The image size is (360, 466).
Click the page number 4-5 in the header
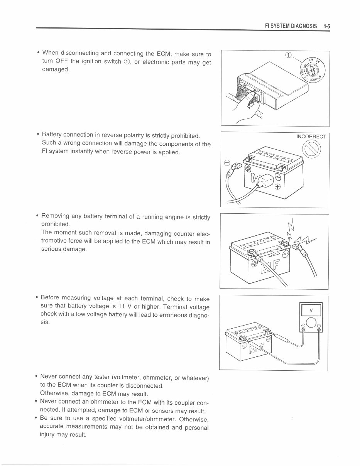click(326, 26)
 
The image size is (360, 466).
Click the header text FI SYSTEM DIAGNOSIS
click(291, 26)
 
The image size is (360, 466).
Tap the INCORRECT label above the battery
click(311, 137)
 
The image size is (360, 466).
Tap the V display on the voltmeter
click(311, 310)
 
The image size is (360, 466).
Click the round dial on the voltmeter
click(311, 322)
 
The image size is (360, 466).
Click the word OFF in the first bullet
click(61, 61)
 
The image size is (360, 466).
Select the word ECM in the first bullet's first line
click(163, 53)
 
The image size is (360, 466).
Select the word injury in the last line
click(48, 435)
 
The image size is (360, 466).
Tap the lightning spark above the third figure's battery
click(290, 230)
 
